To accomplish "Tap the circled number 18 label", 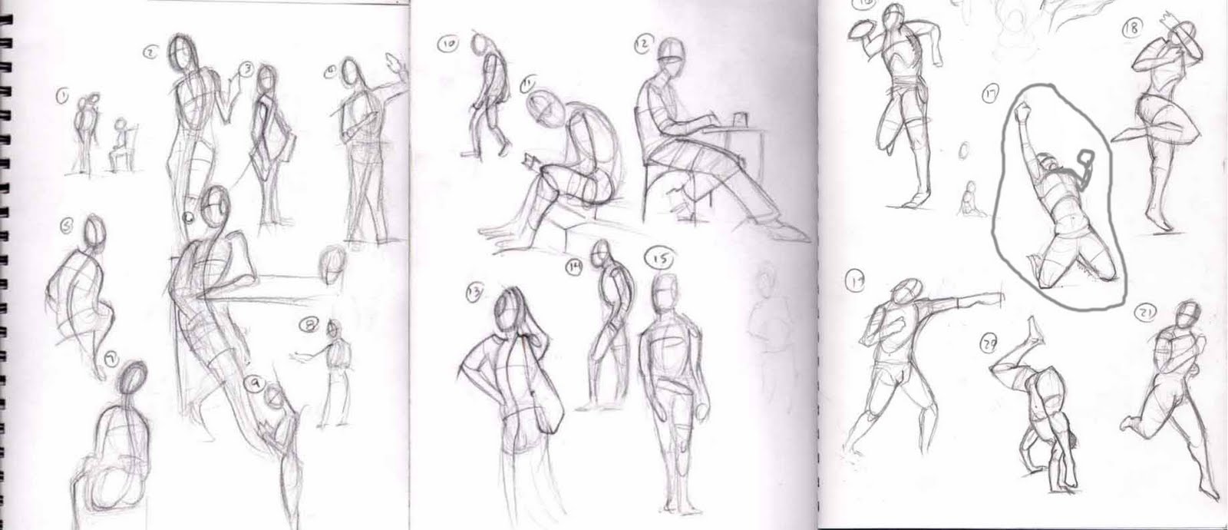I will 1132,28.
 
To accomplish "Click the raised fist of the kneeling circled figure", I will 1022,111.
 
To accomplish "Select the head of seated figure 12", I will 669,52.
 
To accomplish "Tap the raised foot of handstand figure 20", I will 1037,328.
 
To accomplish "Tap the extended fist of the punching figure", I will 999,294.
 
